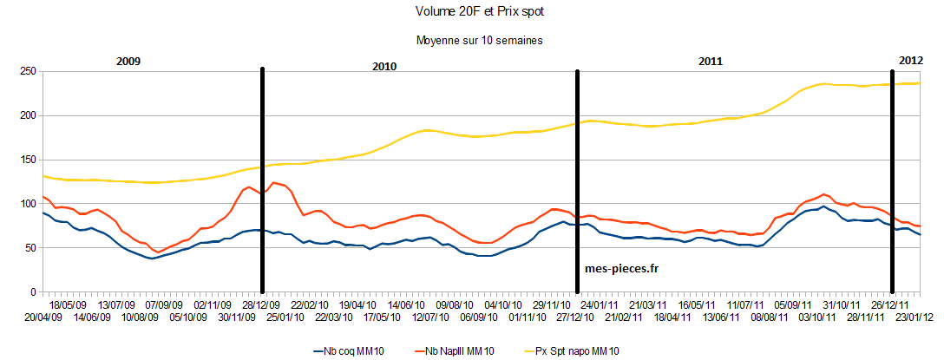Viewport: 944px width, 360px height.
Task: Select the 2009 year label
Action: click(128, 62)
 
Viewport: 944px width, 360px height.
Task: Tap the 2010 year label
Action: click(384, 67)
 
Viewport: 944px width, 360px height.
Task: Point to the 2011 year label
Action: click(711, 62)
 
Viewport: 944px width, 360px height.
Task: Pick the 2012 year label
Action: click(910, 61)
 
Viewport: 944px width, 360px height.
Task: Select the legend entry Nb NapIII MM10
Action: click(459, 350)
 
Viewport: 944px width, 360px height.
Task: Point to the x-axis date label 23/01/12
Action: click(914, 317)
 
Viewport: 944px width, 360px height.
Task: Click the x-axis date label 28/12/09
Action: click(259, 305)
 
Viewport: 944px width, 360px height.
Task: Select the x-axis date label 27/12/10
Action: click(574, 317)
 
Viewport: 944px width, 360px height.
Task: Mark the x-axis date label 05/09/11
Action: click(793, 305)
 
